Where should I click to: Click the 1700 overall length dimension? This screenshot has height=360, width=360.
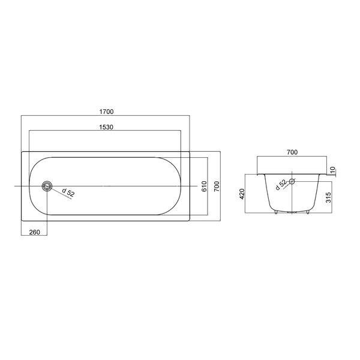107,112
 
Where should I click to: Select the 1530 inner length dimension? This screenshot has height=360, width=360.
106,127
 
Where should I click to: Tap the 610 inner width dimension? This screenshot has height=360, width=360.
204,186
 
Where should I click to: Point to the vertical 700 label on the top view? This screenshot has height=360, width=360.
217,186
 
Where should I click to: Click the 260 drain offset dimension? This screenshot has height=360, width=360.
35,232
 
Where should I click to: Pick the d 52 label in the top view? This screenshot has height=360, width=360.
68,193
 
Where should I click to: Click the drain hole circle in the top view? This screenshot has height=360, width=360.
47,186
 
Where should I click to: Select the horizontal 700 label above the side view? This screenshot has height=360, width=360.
292,152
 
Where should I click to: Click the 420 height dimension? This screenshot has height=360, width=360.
242,194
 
